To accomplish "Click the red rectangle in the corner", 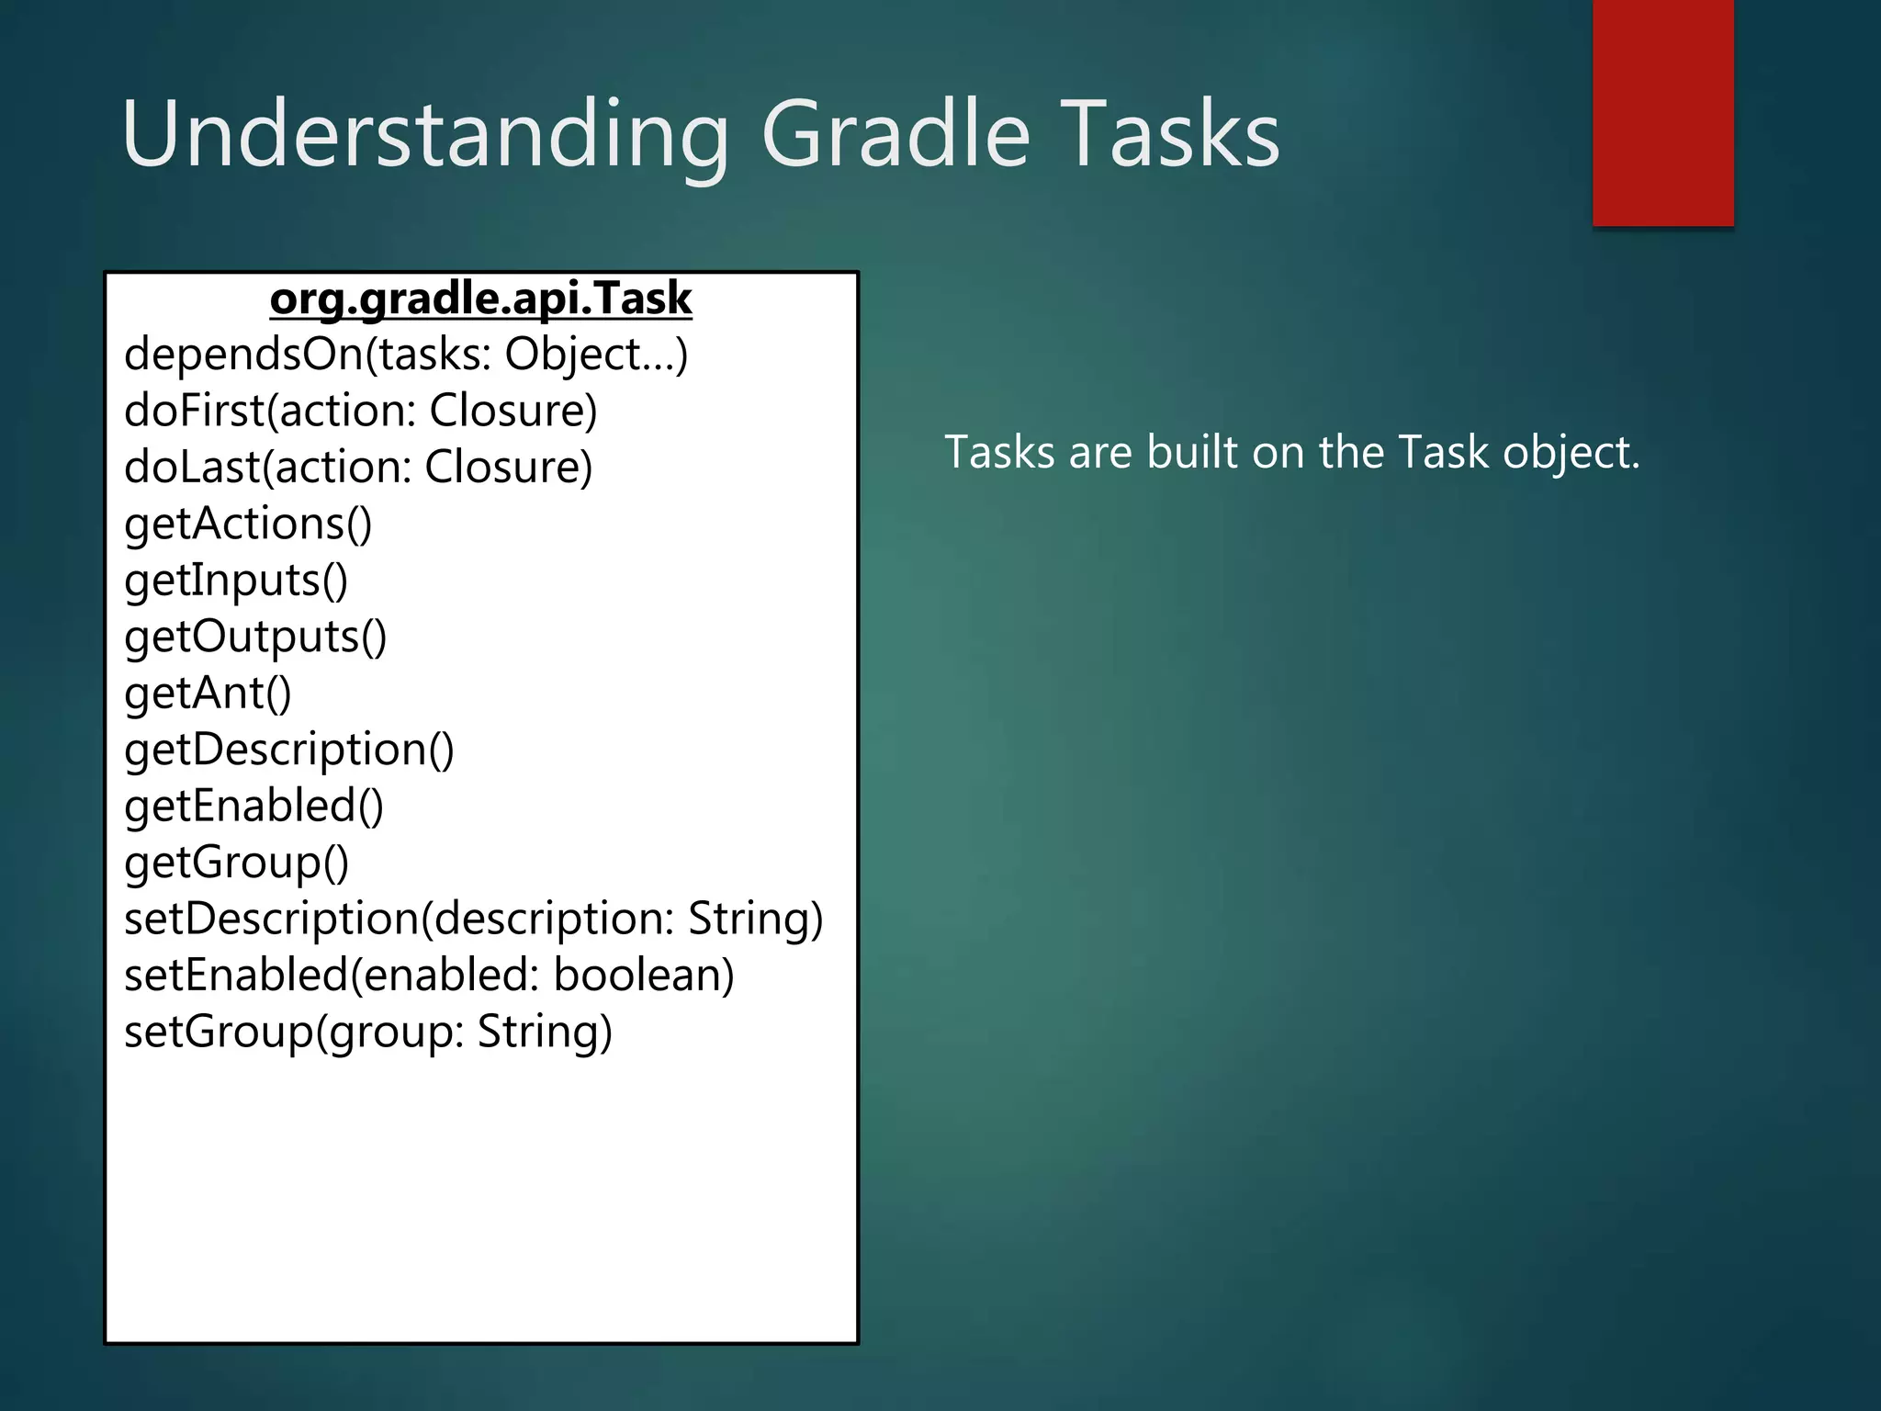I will [x=1662, y=112].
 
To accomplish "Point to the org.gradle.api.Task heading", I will [x=480, y=299].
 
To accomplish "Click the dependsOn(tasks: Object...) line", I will [x=406, y=355].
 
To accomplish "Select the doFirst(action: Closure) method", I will [x=361, y=411].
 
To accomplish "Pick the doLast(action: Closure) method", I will [x=358, y=468].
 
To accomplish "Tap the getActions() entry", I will [x=248, y=525].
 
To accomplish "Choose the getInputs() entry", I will [x=236, y=581].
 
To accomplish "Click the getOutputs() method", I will [x=255, y=637].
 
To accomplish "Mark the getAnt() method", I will [x=208, y=694].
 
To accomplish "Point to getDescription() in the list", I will [x=289, y=750].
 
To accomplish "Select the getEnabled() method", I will [x=253, y=807].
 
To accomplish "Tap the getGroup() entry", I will [x=236, y=863].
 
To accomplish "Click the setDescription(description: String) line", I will [x=473, y=919].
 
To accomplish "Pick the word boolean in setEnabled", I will [x=644, y=975].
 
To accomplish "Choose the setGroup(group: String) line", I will [x=367, y=1032].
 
